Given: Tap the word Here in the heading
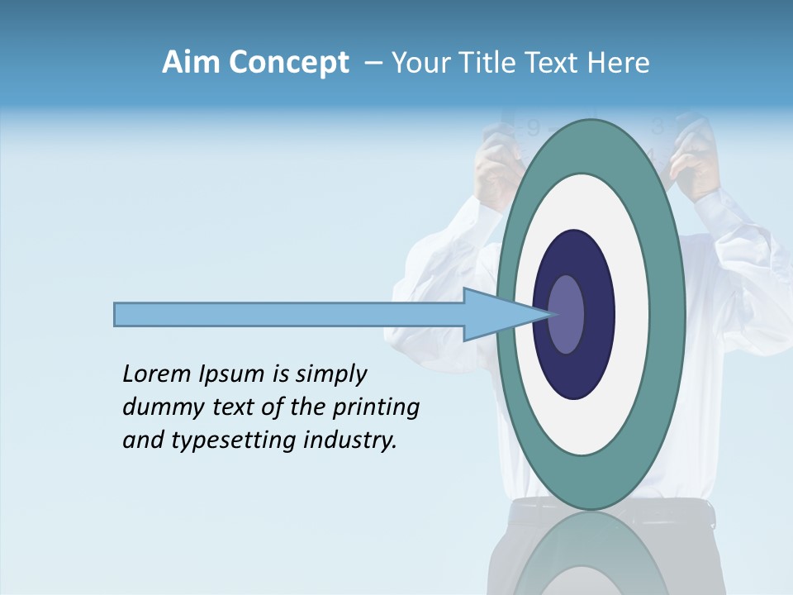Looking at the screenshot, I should coord(619,63).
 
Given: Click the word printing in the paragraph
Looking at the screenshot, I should coord(376,407).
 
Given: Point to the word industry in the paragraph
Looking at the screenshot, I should coord(350,440).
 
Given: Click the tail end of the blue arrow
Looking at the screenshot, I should coord(116,314).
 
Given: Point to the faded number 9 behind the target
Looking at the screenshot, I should coord(533,128).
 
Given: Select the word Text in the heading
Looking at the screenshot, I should coord(553,63).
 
